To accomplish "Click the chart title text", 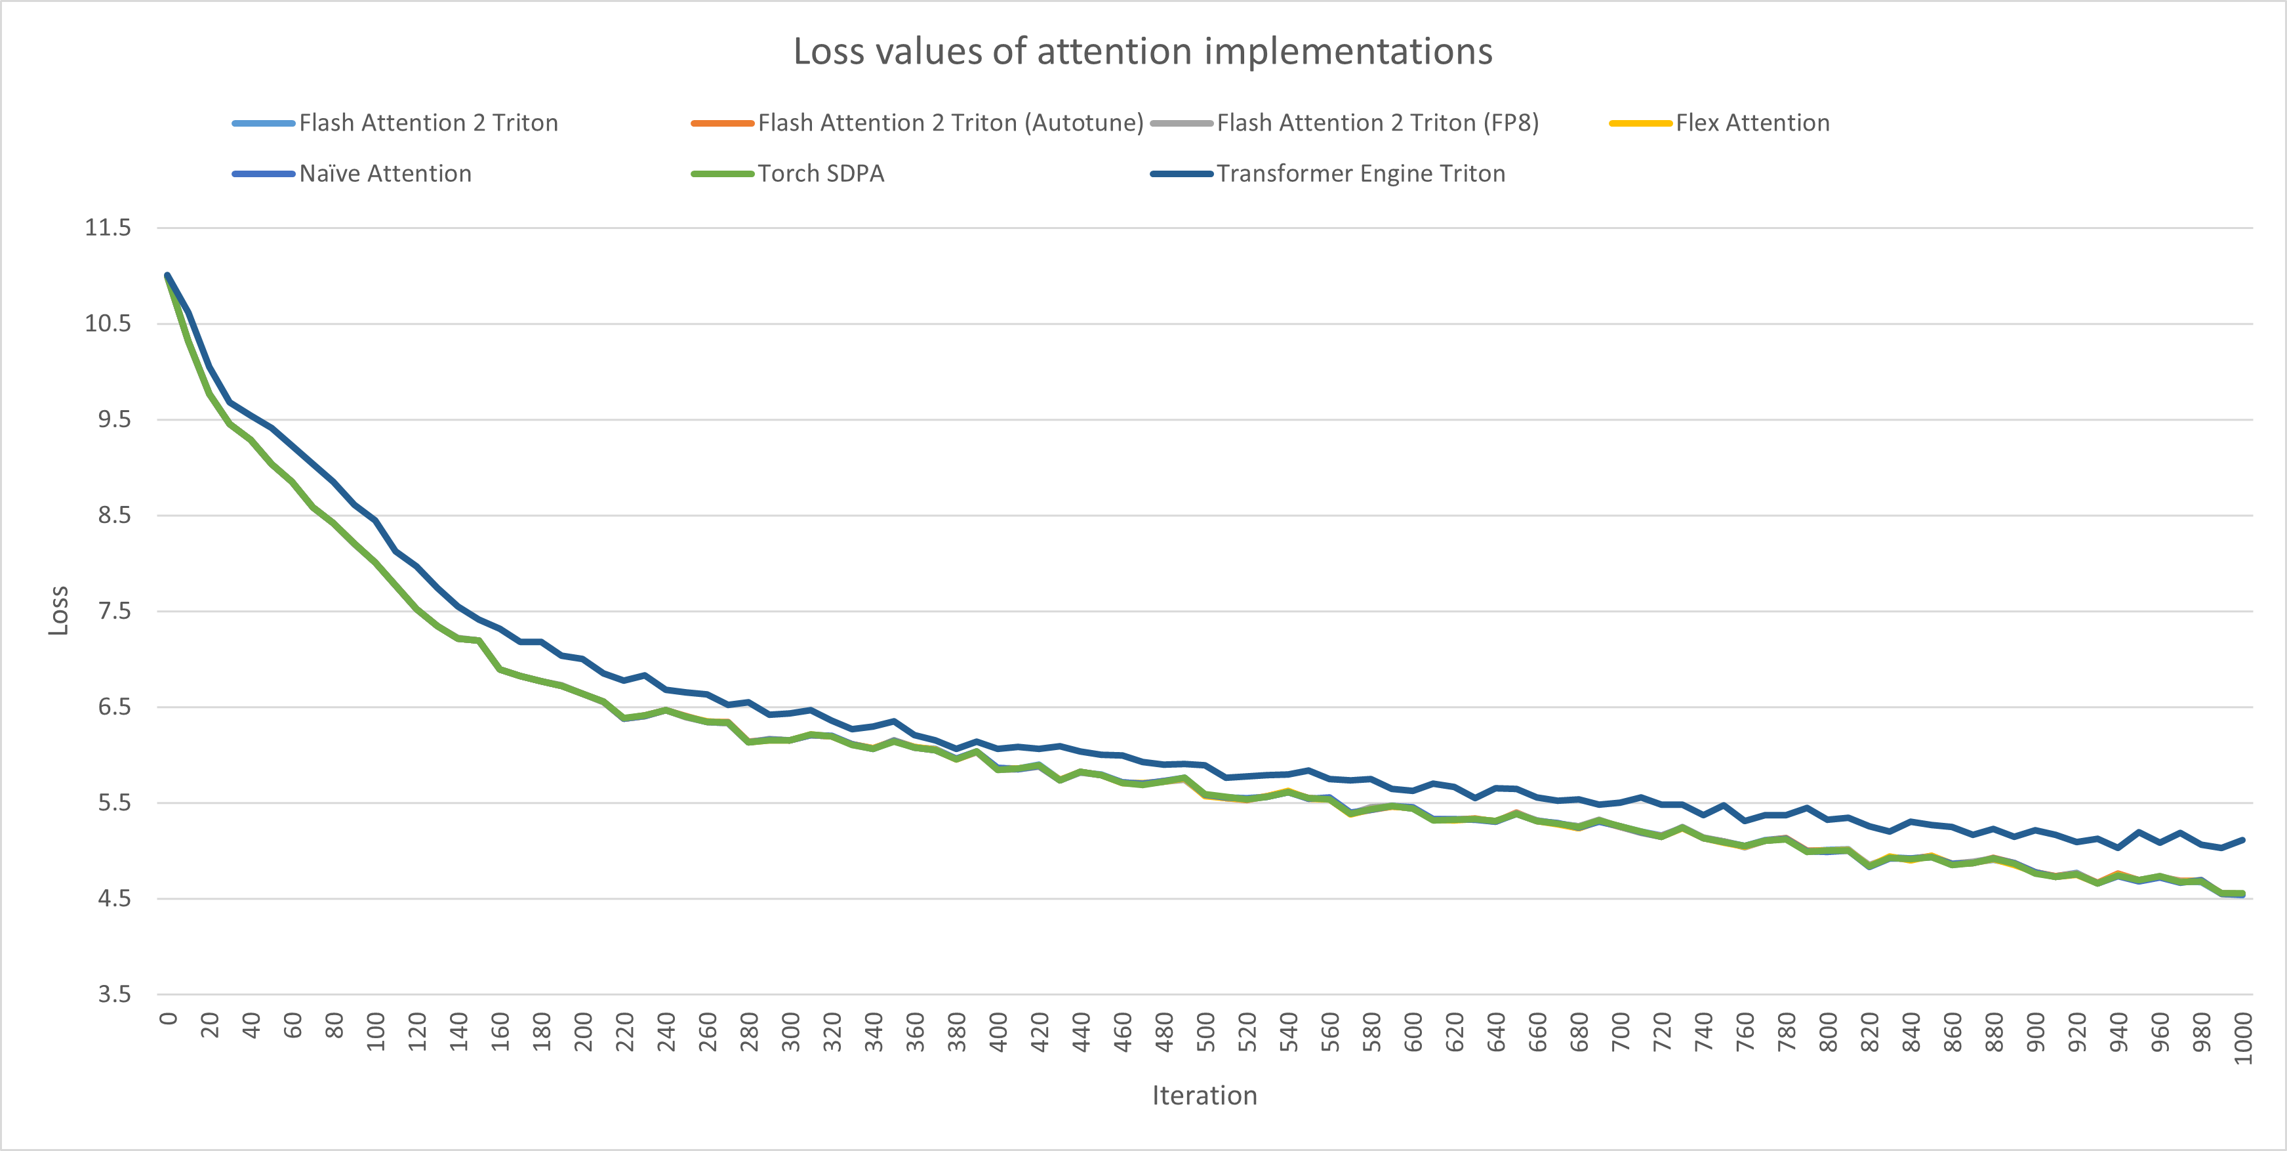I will point(1143,51).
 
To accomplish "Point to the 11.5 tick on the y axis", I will point(108,227).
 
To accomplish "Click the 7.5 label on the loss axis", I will point(113,611).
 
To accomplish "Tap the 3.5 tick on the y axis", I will point(113,994).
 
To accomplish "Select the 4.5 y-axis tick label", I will point(113,898).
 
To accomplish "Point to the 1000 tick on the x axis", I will point(2242,1037).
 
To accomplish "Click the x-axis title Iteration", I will point(1204,1095).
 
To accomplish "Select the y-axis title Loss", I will point(58,610).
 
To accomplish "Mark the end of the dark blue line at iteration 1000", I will point(2242,839).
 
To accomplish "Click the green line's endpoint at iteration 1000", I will point(2242,894).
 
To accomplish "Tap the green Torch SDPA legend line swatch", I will point(722,174).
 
